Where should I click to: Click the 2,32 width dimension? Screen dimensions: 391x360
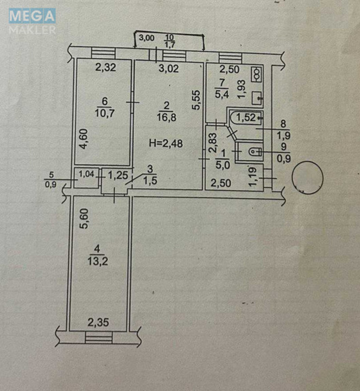click(x=105, y=68)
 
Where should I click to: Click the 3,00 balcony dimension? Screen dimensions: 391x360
click(x=146, y=38)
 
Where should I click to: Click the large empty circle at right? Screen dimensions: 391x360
click(x=307, y=176)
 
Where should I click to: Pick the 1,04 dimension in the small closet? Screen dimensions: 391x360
click(x=86, y=173)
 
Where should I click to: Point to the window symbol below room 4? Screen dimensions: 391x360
click(x=98, y=337)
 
